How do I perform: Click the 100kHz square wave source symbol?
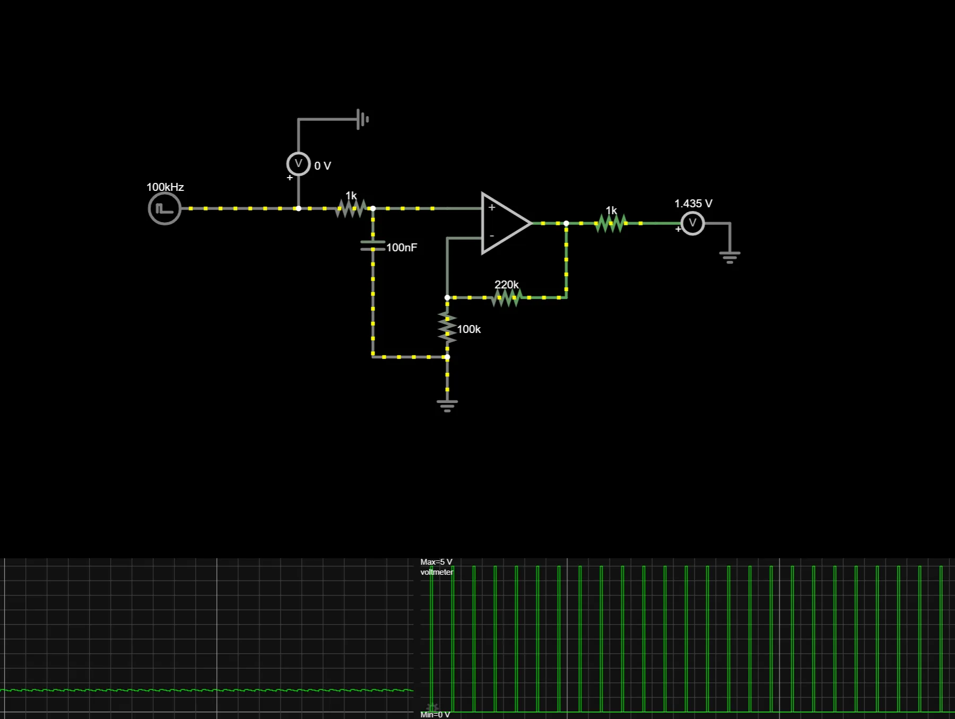click(x=164, y=209)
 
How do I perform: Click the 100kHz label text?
click(x=165, y=187)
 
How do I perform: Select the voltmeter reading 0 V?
click(x=298, y=164)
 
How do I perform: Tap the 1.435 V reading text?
click(x=693, y=204)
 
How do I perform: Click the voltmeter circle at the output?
click(x=692, y=223)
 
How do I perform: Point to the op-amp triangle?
click(x=504, y=223)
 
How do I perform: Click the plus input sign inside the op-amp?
click(x=492, y=208)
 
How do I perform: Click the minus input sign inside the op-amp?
click(x=492, y=236)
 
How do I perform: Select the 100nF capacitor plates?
click(x=373, y=245)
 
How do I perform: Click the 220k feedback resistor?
click(x=506, y=297)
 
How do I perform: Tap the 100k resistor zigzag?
click(x=447, y=327)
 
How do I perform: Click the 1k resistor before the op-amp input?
click(x=351, y=208)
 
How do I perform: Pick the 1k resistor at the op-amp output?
click(x=611, y=223)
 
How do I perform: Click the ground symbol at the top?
click(x=363, y=119)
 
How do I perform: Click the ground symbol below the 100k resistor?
click(x=447, y=406)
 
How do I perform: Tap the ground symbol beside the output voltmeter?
click(x=730, y=257)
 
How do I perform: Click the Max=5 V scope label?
click(x=436, y=562)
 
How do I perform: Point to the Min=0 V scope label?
click(x=435, y=715)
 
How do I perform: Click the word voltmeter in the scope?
click(x=437, y=572)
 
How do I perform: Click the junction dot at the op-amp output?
click(x=566, y=223)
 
